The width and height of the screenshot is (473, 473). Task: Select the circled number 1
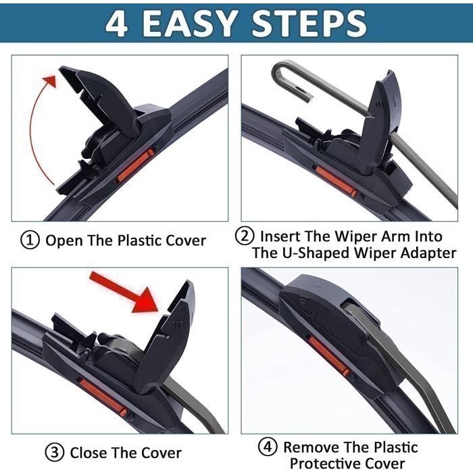coord(31,241)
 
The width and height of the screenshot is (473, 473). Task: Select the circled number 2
coord(245,236)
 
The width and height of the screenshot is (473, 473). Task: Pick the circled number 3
coord(55,452)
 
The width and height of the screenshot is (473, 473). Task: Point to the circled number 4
coord(268,447)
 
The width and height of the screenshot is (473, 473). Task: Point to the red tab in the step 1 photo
coord(133,166)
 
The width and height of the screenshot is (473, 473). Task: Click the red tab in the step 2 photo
coord(336,181)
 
